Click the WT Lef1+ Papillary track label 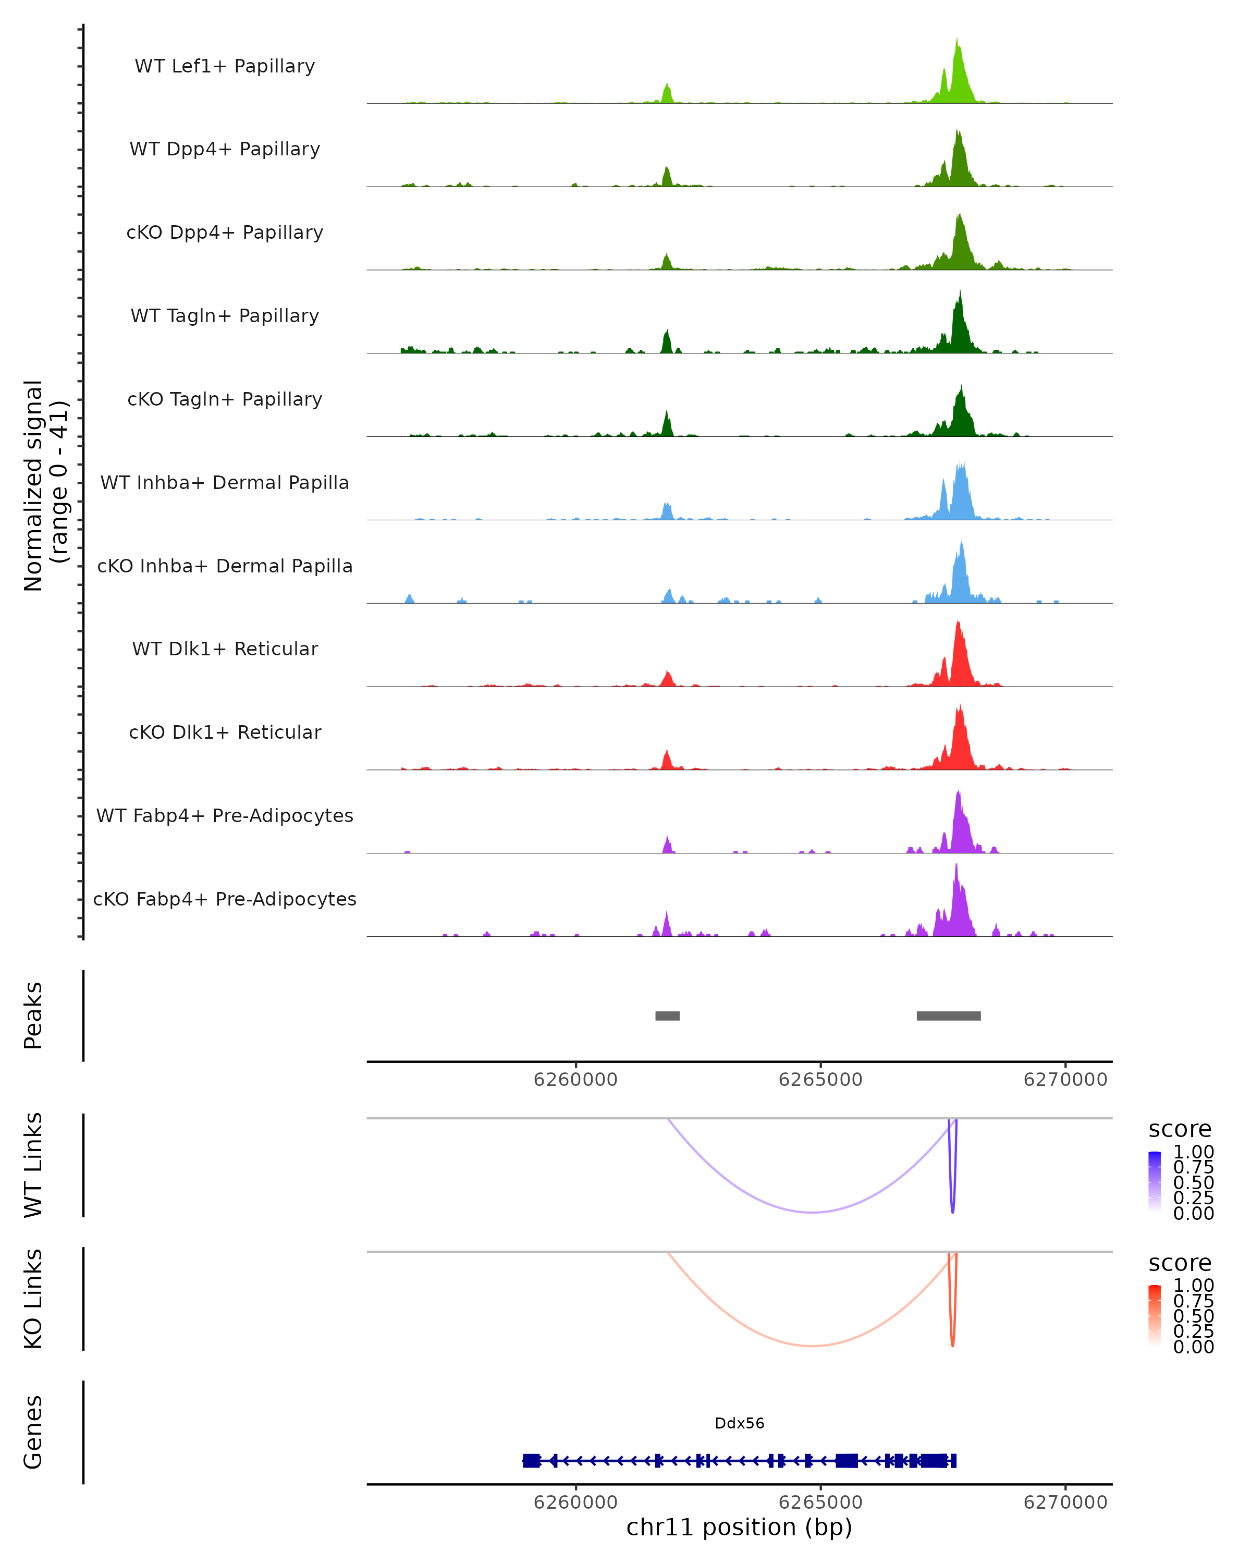tap(225, 66)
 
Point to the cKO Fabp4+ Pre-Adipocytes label tap(225, 899)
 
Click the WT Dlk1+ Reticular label tap(225, 649)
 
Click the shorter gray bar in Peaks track tap(667, 1016)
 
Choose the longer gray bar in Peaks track tap(949, 1016)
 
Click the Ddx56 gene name tap(739, 1423)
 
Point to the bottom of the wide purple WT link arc tap(813, 1212)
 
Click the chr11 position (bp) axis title tap(739, 1527)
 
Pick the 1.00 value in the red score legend tap(1193, 1286)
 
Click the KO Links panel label tap(33, 1299)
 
